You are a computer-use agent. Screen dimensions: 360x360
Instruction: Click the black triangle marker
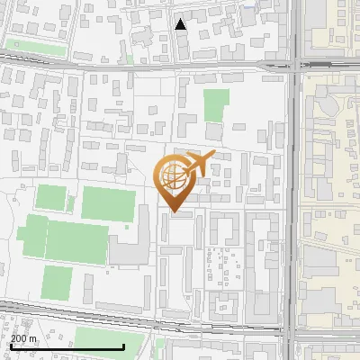point(181,24)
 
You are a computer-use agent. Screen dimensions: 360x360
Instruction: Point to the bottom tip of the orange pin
point(174,212)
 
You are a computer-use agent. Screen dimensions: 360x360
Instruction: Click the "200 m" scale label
point(23,338)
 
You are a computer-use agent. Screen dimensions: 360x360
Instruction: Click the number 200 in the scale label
point(19,338)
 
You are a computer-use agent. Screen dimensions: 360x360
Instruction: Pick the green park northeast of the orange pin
point(215,106)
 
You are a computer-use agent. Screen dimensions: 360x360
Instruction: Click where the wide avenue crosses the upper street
point(292,65)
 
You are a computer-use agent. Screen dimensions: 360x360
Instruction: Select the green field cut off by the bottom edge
point(108,339)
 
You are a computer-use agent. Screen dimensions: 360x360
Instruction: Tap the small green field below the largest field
point(57,283)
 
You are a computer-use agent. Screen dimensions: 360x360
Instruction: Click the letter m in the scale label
point(34,339)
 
